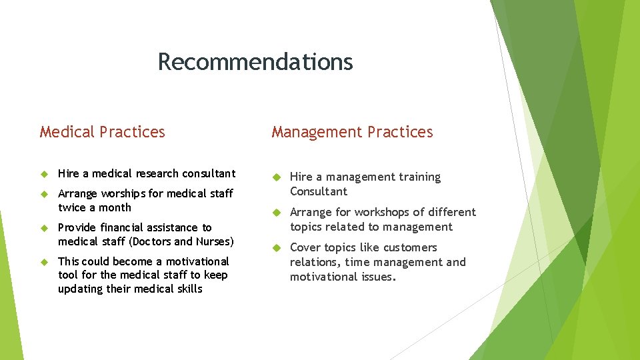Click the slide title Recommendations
[x=255, y=62]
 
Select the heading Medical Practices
[x=102, y=132]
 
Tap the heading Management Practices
[x=352, y=132]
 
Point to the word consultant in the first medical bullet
[x=208, y=173]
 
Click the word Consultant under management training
[x=319, y=191]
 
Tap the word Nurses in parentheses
[x=213, y=241]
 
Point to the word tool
[x=68, y=275]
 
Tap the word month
[x=115, y=207]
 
